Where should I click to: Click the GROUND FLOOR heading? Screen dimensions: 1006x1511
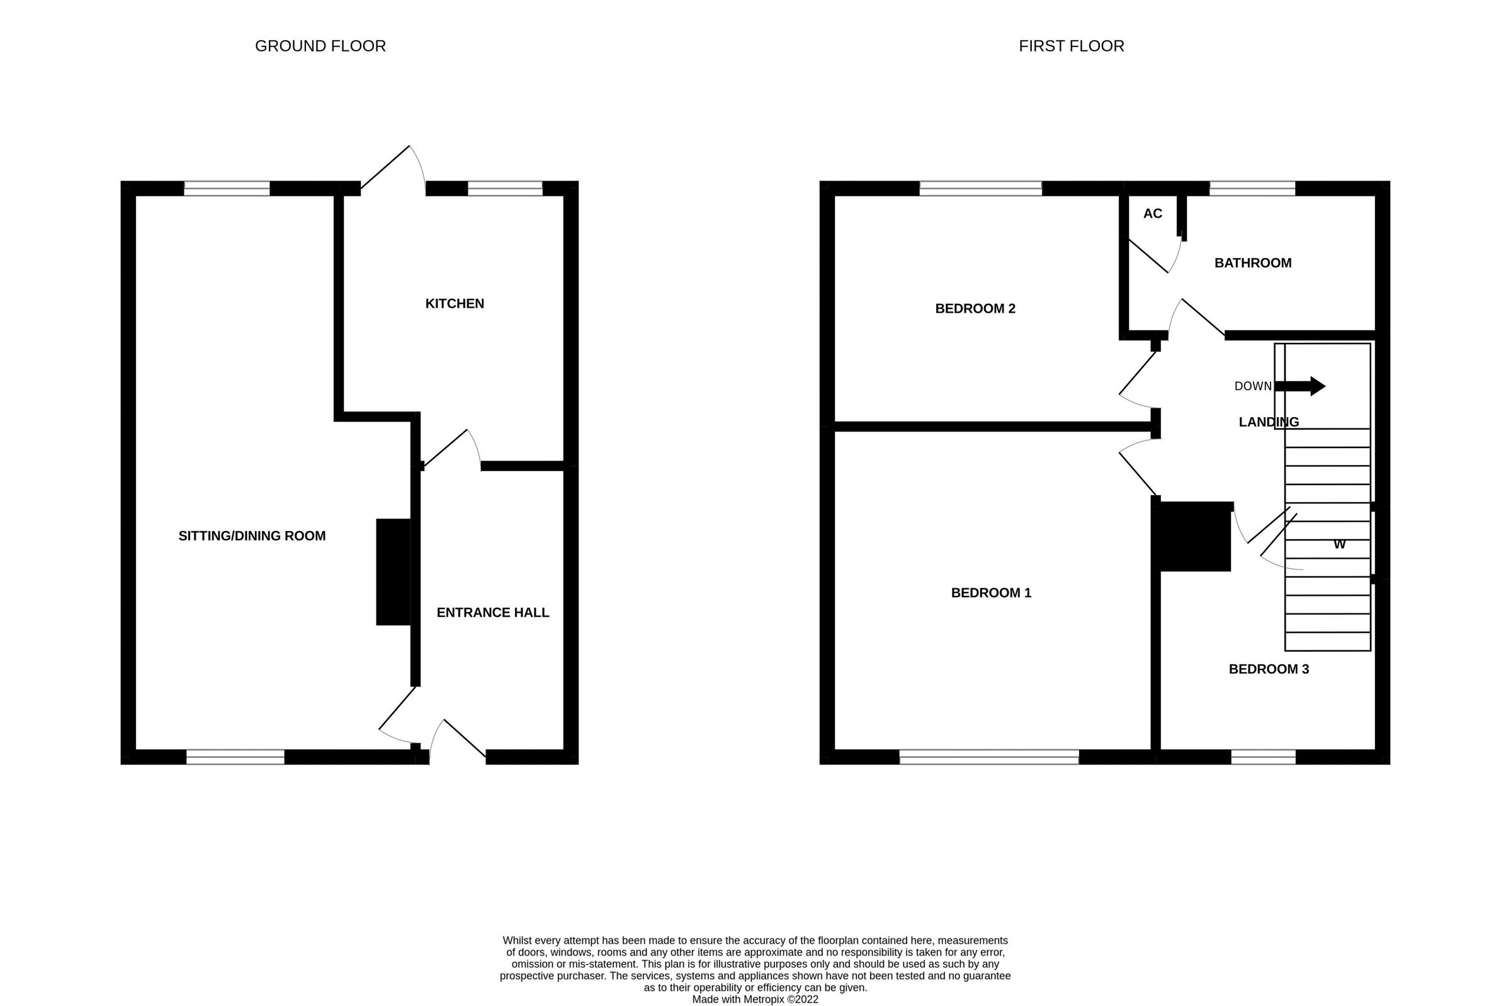(x=320, y=46)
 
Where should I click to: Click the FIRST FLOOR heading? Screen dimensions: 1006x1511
(x=1072, y=46)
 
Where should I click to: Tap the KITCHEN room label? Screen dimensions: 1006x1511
(x=455, y=303)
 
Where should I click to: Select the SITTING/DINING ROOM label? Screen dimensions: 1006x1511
(x=252, y=536)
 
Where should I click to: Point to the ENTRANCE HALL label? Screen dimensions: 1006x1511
(x=492, y=613)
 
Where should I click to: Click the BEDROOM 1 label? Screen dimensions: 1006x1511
(x=990, y=593)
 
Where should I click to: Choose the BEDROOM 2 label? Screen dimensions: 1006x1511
(x=975, y=309)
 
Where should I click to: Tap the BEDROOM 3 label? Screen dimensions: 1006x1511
(x=1269, y=669)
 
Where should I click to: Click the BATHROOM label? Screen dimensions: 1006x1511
(x=1252, y=263)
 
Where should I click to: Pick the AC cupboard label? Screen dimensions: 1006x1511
(x=1152, y=214)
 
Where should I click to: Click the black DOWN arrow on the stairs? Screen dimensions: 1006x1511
(x=1300, y=386)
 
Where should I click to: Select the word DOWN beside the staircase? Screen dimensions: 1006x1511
(x=1252, y=386)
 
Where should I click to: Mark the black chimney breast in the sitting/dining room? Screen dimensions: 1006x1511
(x=393, y=572)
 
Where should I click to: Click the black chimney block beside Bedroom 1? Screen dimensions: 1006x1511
(x=1192, y=537)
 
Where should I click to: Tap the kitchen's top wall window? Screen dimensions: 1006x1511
(x=505, y=188)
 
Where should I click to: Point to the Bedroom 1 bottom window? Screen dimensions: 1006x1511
(x=988, y=757)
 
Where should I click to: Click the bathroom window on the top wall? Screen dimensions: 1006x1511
(x=1252, y=188)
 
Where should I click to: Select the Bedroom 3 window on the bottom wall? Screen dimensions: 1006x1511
(x=1263, y=757)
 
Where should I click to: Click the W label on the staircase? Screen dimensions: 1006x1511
(x=1339, y=545)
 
